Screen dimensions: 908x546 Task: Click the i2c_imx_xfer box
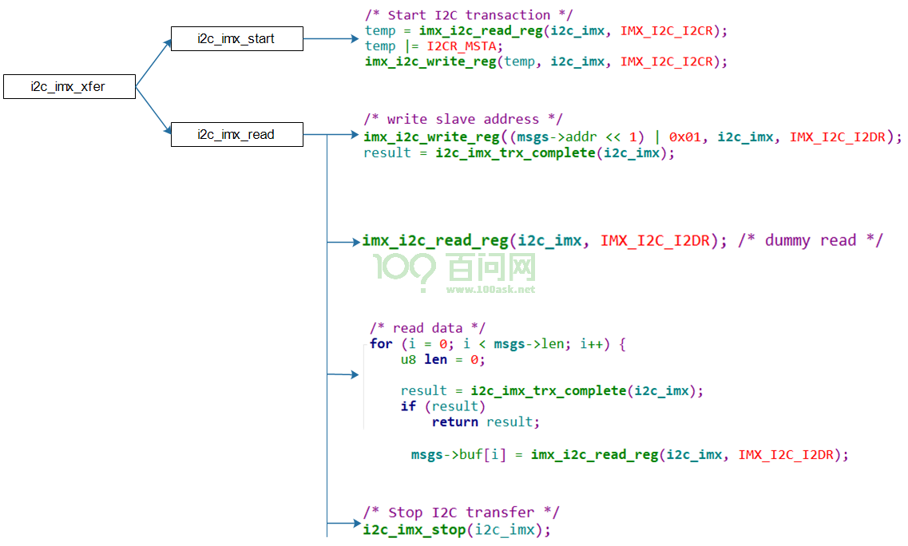tap(69, 87)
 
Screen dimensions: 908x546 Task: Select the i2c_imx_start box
tap(237, 39)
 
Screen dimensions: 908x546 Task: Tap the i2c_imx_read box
tap(237, 134)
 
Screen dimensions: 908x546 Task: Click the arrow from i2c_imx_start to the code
tap(331, 39)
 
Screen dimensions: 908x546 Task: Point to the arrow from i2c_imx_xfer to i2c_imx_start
tap(153, 62)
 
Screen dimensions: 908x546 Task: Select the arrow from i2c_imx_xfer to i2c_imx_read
tap(153, 111)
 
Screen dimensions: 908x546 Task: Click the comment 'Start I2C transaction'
tap(469, 15)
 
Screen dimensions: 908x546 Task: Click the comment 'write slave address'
tap(463, 119)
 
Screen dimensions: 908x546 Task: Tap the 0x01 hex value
tap(684, 137)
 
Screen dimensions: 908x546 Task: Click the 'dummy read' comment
tap(811, 240)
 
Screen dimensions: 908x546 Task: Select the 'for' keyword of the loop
tap(381, 344)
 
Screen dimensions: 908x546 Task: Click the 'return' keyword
tap(455, 422)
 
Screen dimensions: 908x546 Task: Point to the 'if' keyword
tap(408, 406)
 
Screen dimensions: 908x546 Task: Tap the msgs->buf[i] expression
tap(458, 455)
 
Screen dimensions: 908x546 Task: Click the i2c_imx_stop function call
tap(457, 530)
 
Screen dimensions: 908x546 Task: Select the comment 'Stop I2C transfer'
tap(462, 512)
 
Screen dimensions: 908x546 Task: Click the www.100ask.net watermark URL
tap(490, 290)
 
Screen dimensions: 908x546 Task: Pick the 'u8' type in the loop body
tap(408, 359)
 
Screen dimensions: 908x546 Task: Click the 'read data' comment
tap(428, 328)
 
